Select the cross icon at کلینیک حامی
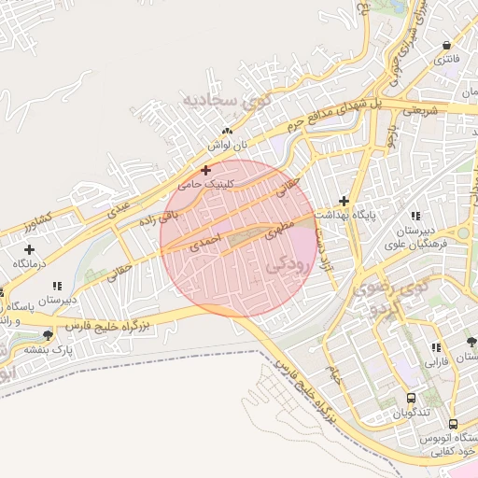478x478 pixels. pos(205,170)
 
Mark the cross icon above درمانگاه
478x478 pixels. pos(30,249)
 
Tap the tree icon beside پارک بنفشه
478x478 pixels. pos(48,334)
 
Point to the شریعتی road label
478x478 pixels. pos(420,111)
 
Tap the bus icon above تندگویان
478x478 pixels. pos(412,399)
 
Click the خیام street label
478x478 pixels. pos(331,374)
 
